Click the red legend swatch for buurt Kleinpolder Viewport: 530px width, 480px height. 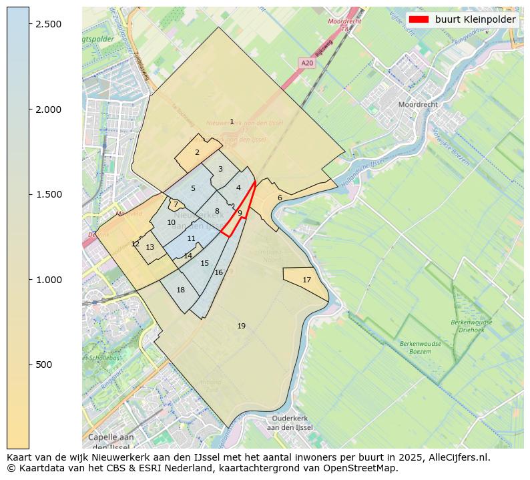point(419,19)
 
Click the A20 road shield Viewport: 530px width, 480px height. point(307,63)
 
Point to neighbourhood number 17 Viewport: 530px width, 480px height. point(307,280)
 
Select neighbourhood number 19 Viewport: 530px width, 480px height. point(242,326)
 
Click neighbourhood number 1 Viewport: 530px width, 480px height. point(232,122)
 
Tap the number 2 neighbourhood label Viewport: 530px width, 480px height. point(197,152)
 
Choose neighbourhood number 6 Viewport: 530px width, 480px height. point(280,198)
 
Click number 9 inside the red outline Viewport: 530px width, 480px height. point(240,213)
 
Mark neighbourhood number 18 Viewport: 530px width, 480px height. point(181,290)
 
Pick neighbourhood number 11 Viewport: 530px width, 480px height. point(192,238)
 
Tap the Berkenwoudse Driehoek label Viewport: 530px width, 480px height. point(471,326)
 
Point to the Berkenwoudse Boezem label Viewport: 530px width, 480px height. point(416,347)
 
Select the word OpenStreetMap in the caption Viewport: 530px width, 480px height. point(365,468)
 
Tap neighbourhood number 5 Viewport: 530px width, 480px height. point(193,189)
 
